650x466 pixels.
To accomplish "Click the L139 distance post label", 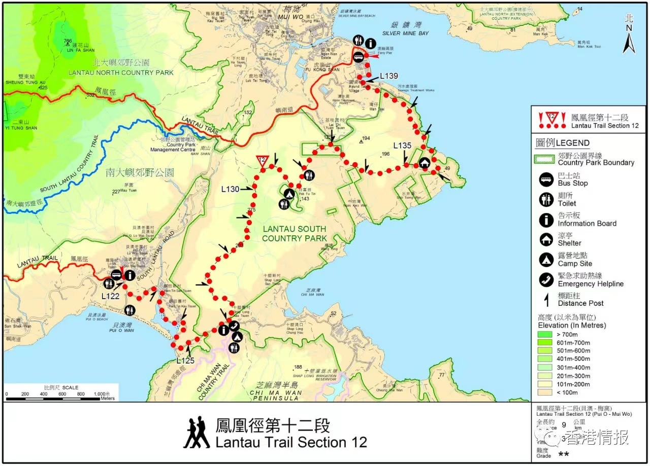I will (389, 76).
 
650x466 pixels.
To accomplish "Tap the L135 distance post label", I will (402, 146).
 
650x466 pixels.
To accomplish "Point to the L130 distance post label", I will (230, 189).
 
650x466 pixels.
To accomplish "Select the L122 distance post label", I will (110, 296).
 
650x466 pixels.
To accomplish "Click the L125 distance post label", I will (186, 361).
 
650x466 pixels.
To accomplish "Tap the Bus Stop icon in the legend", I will (546, 179).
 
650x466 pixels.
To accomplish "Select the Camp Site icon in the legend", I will (546, 260).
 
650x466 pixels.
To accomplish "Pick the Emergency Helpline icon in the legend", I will (546, 280).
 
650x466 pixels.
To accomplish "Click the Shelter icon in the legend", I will (546, 239).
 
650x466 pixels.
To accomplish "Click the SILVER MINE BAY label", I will (405, 33).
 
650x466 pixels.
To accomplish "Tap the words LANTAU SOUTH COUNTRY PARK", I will (295, 234).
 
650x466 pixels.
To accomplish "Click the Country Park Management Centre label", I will (173, 147).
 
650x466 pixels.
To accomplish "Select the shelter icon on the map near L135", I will (424, 163).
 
